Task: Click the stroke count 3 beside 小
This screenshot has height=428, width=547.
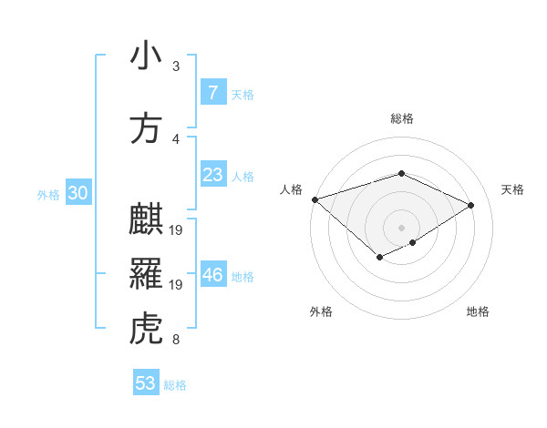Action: point(176,66)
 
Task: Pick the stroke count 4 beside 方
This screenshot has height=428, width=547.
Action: point(176,138)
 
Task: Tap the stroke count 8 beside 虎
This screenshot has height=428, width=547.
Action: point(176,341)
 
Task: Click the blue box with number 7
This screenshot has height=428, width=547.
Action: point(212,93)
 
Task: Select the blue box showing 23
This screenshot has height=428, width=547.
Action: point(212,175)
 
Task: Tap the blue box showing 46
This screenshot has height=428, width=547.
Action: point(212,275)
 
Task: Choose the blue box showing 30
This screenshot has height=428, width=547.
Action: point(77,193)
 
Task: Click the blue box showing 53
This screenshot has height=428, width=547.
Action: point(145,383)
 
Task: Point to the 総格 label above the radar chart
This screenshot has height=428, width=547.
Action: point(401,118)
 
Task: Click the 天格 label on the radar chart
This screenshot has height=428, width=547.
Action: point(513,189)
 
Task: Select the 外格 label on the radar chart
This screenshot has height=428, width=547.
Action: point(320,311)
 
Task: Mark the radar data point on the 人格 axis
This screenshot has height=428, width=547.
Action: point(315,199)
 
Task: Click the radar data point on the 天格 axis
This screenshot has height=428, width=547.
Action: point(471,205)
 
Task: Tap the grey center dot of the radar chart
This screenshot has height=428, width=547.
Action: point(401,227)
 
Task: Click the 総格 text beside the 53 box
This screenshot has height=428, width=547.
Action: point(175,385)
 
